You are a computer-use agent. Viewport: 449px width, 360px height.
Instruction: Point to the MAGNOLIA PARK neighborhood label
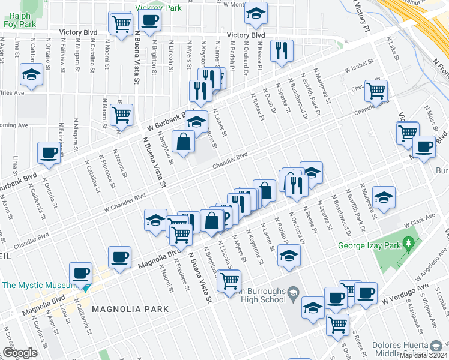click(130, 308)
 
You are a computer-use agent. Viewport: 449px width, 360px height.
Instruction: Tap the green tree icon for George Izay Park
click(409, 244)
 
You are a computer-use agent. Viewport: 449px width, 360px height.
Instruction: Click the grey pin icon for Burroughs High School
click(293, 294)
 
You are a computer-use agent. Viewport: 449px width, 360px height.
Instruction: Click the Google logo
click(20, 352)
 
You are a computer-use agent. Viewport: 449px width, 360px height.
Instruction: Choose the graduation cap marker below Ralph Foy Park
click(31, 75)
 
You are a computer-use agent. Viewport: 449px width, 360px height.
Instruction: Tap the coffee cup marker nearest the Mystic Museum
click(80, 273)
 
